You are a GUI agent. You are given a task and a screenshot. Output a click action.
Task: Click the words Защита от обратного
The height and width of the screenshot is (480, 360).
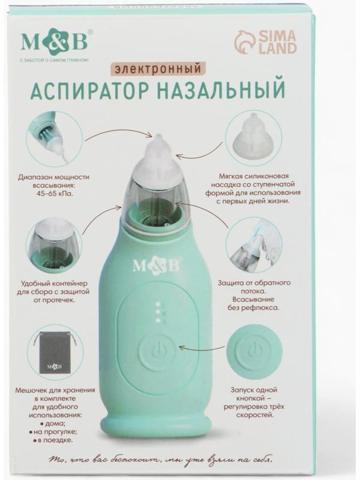tap(255, 282)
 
